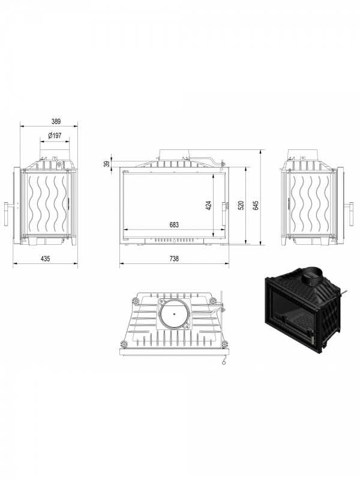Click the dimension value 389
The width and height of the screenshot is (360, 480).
click(x=56, y=121)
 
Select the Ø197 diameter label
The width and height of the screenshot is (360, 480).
click(x=55, y=136)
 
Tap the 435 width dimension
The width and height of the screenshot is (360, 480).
click(x=46, y=259)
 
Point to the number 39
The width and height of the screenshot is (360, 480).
click(x=107, y=164)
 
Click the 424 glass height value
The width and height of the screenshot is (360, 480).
click(x=208, y=205)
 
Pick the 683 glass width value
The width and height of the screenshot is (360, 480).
click(x=174, y=224)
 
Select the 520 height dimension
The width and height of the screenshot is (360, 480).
click(x=241, y=205)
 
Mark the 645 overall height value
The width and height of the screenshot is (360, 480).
click(x=256, y=205)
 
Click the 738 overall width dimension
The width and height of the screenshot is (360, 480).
click(x=174, y=259)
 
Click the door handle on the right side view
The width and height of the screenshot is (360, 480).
click(x=349, y=214)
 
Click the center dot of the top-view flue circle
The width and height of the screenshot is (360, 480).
click(x=174, y=313)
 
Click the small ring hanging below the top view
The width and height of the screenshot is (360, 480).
click(x=224, y=363)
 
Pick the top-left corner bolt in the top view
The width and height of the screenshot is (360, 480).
click(x=134, y=301)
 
